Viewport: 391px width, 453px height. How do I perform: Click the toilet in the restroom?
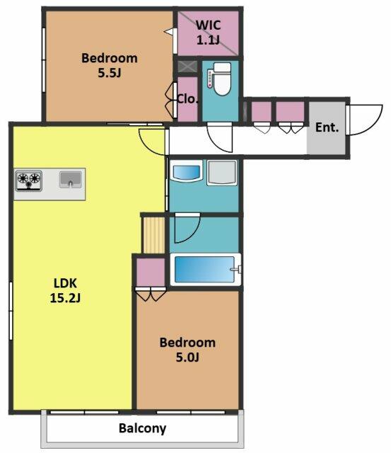point(220,79)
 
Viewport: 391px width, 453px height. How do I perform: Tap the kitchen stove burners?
point(28,180)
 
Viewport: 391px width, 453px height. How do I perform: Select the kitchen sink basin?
point(71,179)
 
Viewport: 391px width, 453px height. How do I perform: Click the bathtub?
point(206,269)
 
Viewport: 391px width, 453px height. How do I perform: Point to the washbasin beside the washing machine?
point(187,171)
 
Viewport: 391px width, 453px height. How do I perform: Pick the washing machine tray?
point(221,173)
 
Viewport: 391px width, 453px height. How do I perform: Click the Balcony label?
point(142,428)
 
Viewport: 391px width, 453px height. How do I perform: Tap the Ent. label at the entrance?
point(327,127)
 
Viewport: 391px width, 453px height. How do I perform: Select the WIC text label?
point(208,25)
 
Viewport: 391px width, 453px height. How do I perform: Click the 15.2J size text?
point(65,297)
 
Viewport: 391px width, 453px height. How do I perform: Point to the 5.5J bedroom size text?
point(109,72)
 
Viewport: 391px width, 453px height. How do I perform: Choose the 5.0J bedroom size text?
point(187,357)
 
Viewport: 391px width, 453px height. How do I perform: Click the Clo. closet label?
point(187,99)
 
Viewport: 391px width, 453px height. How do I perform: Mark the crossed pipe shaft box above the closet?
point(187,67)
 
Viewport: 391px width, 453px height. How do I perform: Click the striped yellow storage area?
point(154,235)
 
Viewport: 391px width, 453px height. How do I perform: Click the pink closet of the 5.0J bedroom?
point(151,272)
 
